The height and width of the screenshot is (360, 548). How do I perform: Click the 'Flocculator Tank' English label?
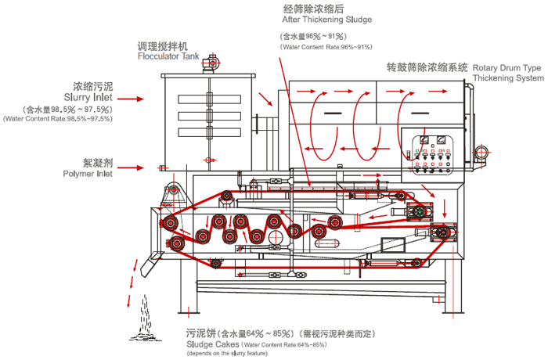(x=168, y=57)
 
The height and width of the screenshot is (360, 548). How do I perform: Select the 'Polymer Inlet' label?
(x=87, y=175)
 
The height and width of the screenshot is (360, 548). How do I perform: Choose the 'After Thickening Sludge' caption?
(x=326, y=19)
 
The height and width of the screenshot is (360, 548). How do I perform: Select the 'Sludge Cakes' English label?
(x=211, y=344)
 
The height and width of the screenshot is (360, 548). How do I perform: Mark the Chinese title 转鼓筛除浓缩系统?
(x=427, y=67)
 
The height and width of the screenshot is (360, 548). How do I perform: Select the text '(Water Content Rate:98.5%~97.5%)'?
(x=58, y=119)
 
